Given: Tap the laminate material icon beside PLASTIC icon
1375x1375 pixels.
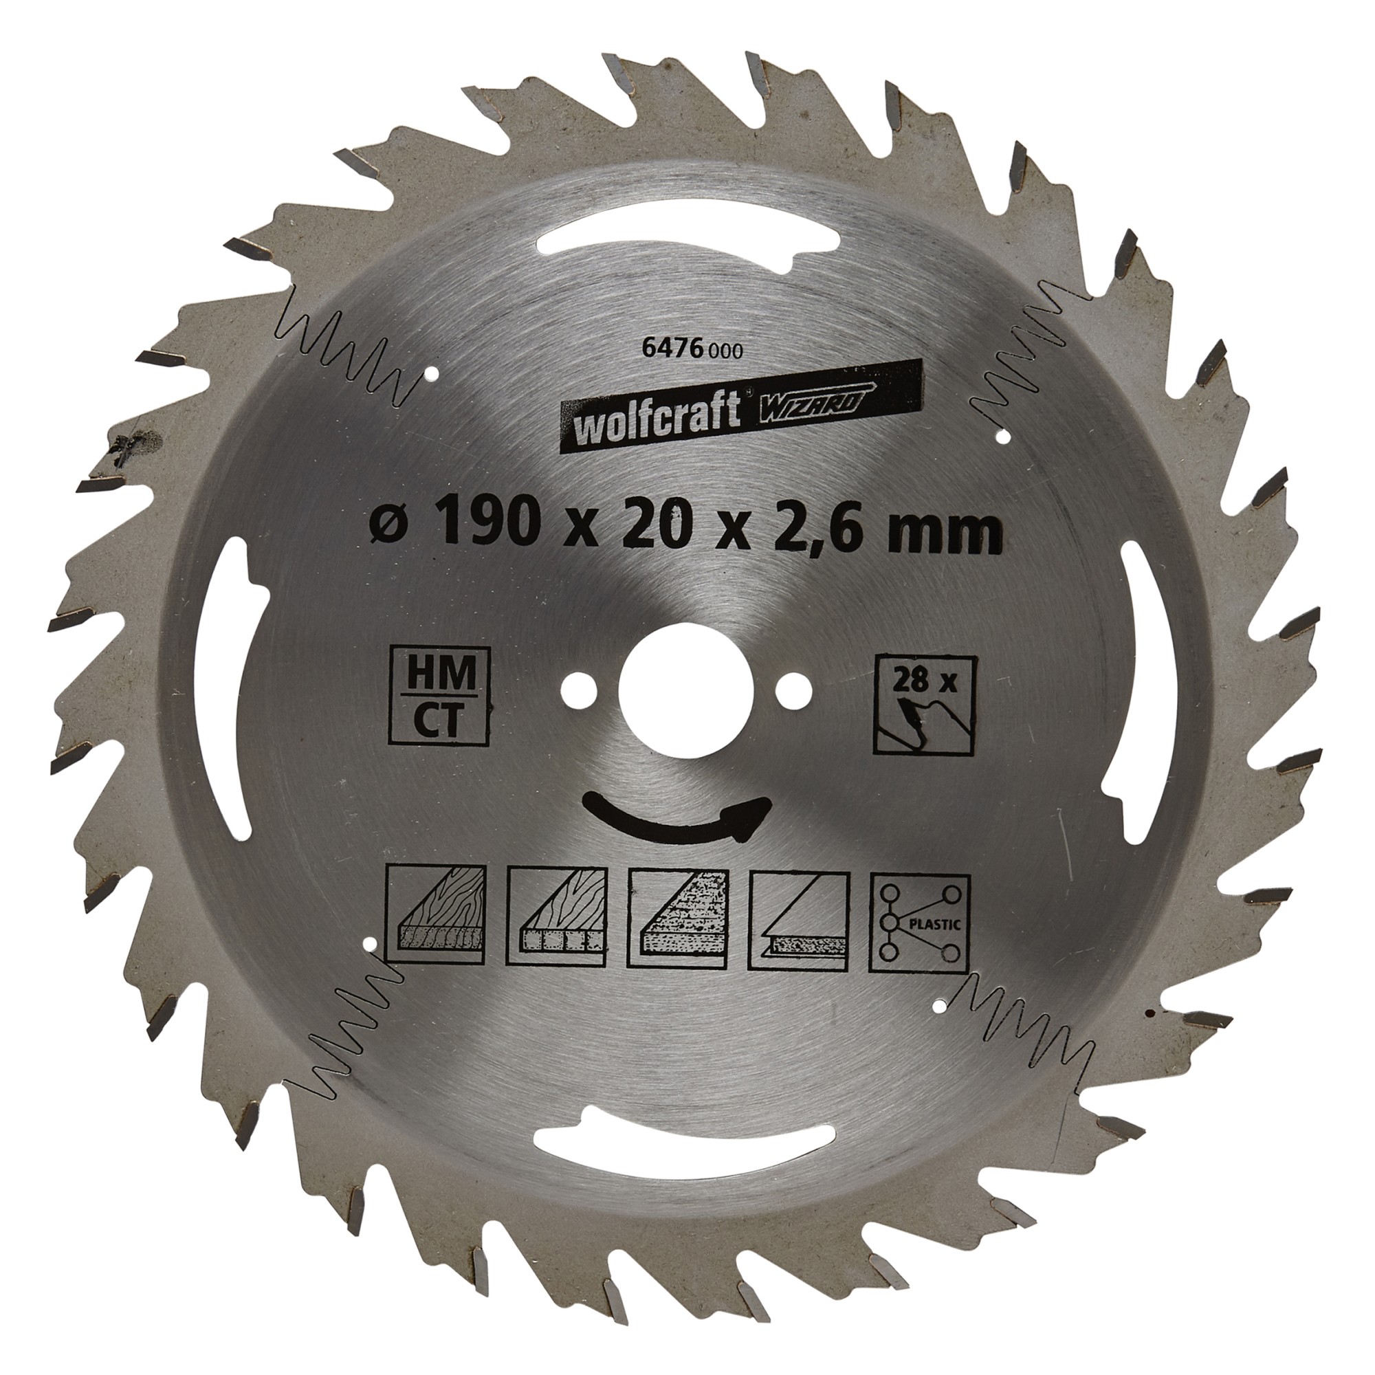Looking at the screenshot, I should click(x=797, y=918).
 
